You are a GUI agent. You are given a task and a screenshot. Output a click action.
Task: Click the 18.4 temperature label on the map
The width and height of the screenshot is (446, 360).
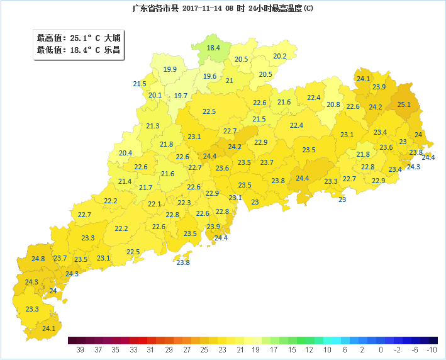(213, 48)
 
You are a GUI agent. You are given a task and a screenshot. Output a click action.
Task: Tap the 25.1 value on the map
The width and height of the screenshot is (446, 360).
(404, 104)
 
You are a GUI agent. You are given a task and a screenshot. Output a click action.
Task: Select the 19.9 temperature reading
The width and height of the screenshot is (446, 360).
(170, 69)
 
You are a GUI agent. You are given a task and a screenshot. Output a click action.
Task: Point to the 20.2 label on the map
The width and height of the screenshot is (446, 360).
(280, 56)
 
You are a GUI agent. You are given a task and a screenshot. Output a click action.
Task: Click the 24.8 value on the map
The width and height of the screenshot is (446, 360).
(38, 259)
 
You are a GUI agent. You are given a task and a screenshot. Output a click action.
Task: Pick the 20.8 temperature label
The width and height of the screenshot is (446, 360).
(333, 104)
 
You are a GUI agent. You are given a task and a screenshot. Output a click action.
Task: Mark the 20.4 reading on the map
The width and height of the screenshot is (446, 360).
(125, 153)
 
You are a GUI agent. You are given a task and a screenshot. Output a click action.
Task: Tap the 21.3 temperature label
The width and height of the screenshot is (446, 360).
(153, 126)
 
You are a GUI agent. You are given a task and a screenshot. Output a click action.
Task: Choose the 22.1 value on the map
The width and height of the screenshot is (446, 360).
(154, 204)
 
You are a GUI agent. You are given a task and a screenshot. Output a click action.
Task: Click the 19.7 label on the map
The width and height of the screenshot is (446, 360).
(181, 96)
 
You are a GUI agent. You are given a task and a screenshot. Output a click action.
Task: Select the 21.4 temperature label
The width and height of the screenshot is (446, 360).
(125, 181)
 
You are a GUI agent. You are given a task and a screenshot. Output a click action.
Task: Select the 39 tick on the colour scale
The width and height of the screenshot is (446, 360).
(80, 349)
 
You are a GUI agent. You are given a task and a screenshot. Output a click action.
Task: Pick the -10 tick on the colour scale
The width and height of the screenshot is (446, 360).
(432, 349)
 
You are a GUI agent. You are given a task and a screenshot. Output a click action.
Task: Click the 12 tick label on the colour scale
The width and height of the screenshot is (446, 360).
(309, 349)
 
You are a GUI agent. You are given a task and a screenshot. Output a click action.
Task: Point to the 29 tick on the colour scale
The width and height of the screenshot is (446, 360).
(169, 349)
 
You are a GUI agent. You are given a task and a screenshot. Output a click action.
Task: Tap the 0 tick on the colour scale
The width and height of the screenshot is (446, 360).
(381, 349)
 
